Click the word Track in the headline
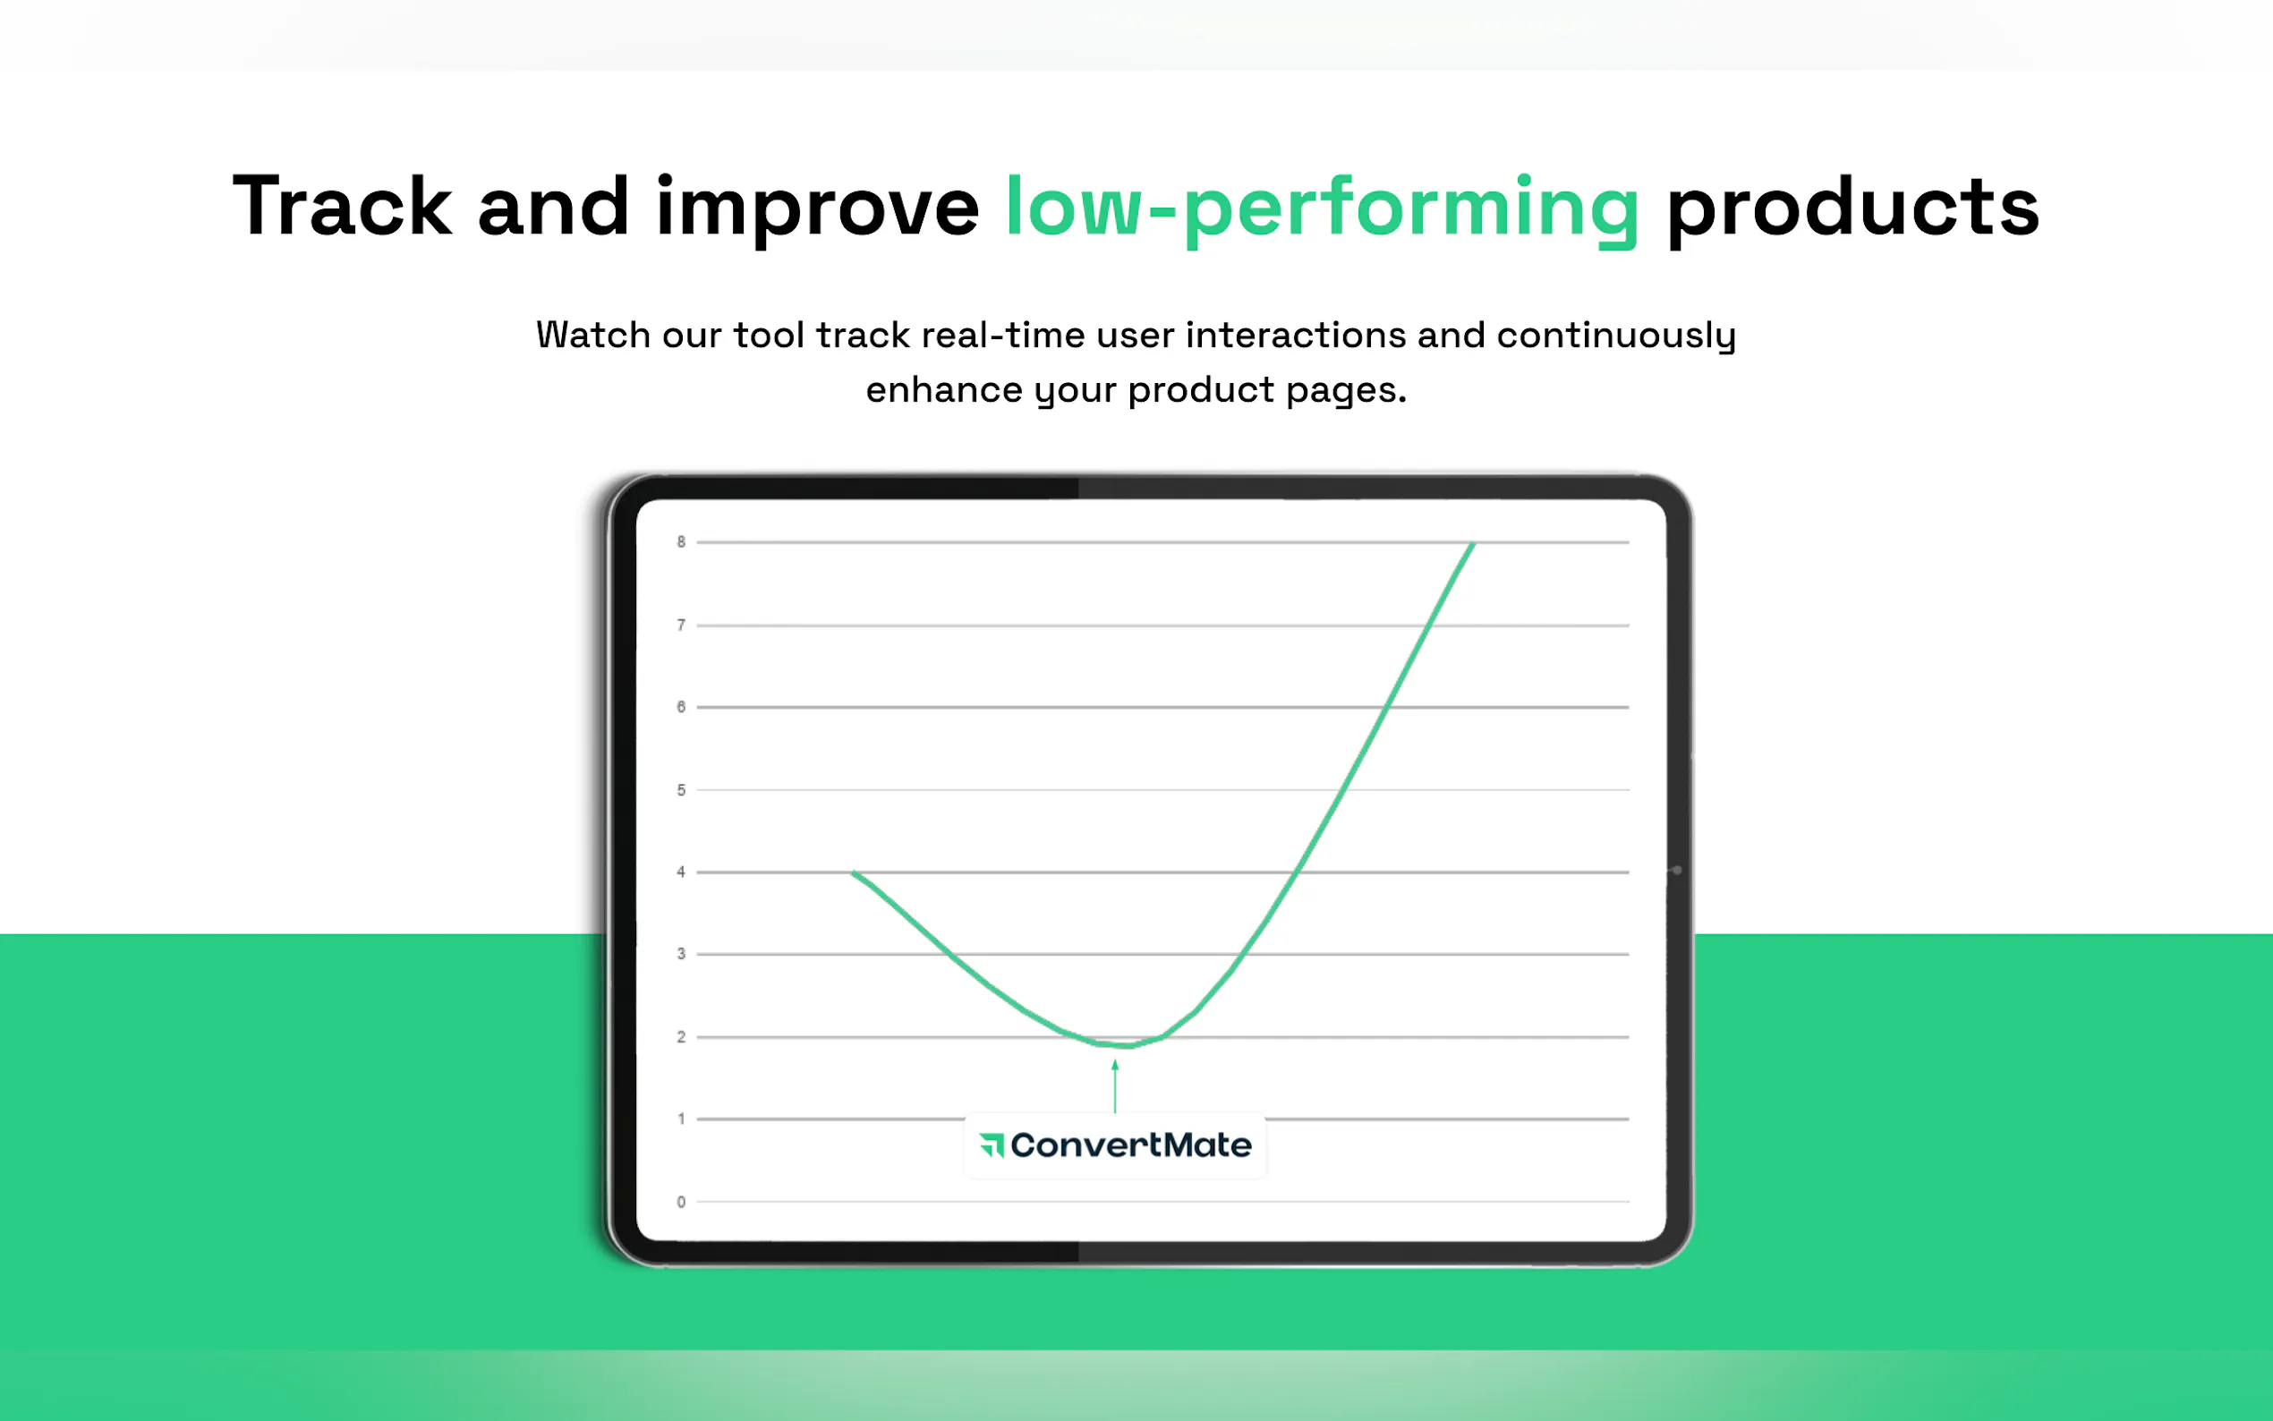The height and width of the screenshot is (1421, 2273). [x=342, y=206]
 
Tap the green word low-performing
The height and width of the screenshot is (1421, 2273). [x=1322, y=210]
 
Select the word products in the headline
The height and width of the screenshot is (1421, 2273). [x=1852, y=210]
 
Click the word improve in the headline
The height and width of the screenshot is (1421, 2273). [x=816, y=210]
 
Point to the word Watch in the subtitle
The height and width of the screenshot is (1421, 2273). [x=593, y=335]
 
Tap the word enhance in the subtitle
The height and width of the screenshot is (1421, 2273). [x=943, y=390]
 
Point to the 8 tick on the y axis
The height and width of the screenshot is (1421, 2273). [x=681, y=542]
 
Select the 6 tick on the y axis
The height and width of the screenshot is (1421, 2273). [x=681, y=707]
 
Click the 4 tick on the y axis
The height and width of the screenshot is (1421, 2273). [x=681, y=872]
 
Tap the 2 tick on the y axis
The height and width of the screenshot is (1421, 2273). [x=681, y=1036]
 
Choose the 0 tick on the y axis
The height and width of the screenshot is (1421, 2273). [x=681, y=1202]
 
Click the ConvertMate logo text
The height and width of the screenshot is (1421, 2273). [x=1130, y=1144]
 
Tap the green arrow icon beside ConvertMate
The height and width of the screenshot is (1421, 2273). [x=992, y=1145]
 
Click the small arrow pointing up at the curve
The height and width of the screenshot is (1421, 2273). [x=1115, y=1085]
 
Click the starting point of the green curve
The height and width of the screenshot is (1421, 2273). [x=853, y=873]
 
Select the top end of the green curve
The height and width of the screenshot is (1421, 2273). [x=1473, y=543]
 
